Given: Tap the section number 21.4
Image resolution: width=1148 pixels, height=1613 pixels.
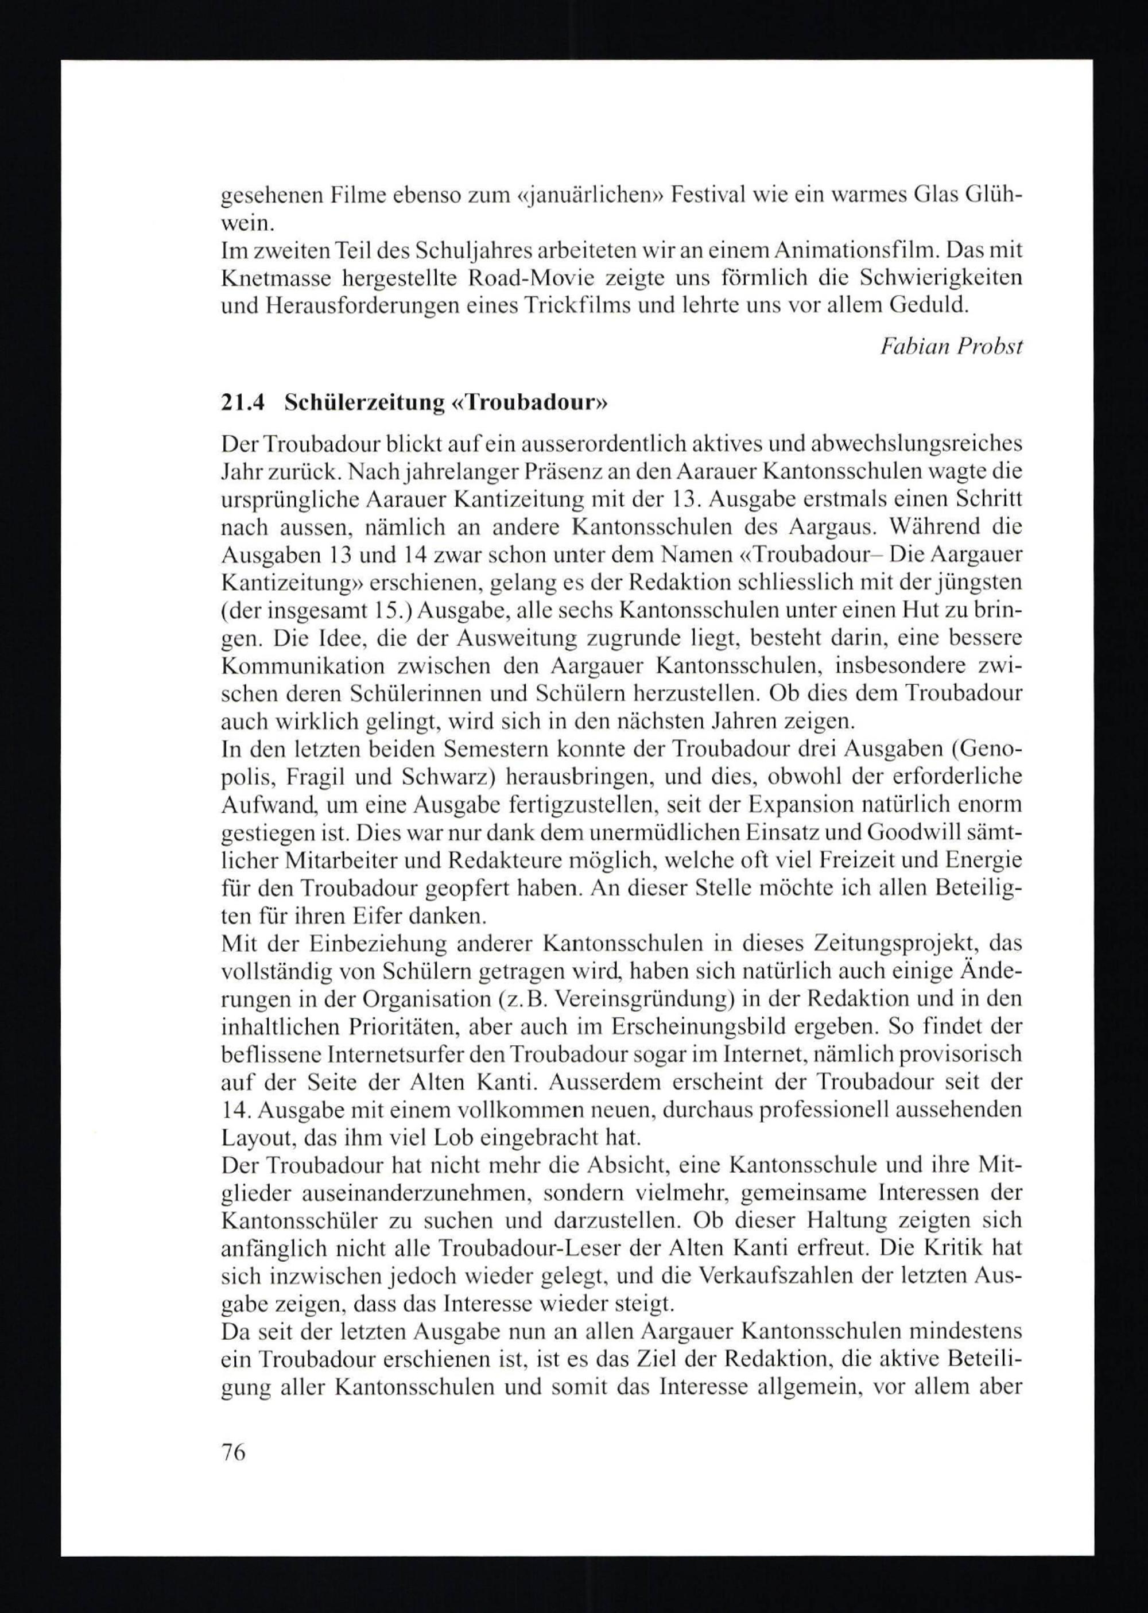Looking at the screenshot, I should pos(242,403).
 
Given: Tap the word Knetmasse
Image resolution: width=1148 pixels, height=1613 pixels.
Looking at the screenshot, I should pos(271,278).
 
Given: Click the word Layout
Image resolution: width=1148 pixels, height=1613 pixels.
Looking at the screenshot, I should pos(254,1138).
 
